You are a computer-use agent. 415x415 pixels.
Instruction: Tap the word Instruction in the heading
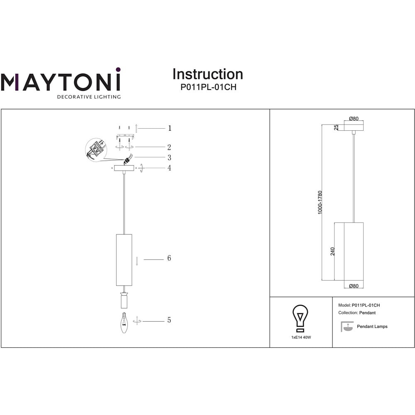(x=208, y=74)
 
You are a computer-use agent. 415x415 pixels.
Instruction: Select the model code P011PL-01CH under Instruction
(x=208, y=87)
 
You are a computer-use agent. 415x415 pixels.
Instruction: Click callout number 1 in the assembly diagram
(x=170, y=128)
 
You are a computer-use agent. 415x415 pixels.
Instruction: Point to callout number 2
(x=169, y=147)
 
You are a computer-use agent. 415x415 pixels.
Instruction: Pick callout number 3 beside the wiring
(x=169, y=157)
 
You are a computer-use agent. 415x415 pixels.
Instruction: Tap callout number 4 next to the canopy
(x=169, y=168)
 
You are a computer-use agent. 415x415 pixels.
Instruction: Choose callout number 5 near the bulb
(x=169, y=320)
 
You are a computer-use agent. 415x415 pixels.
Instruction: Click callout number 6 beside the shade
(x=169, y=258)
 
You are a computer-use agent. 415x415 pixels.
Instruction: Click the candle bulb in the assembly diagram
(x=124, y=322)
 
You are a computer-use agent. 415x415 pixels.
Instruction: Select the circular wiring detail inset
(x=96, y=150)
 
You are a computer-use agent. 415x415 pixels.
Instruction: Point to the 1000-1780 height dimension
(x=320, y=203)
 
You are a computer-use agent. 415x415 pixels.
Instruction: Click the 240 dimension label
(x=332, y=251)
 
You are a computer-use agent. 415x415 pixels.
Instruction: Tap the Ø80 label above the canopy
(x=354, y=119)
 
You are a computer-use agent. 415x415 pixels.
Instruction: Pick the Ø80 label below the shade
(x=354, y=286)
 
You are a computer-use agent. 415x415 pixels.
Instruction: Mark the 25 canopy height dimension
(x=336, y=127)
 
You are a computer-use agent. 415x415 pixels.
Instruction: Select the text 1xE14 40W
(x=301, y=337)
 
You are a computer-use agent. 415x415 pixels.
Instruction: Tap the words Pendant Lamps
(x=372, y=327)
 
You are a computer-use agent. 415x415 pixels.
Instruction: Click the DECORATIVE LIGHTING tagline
(x=89, y=97)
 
